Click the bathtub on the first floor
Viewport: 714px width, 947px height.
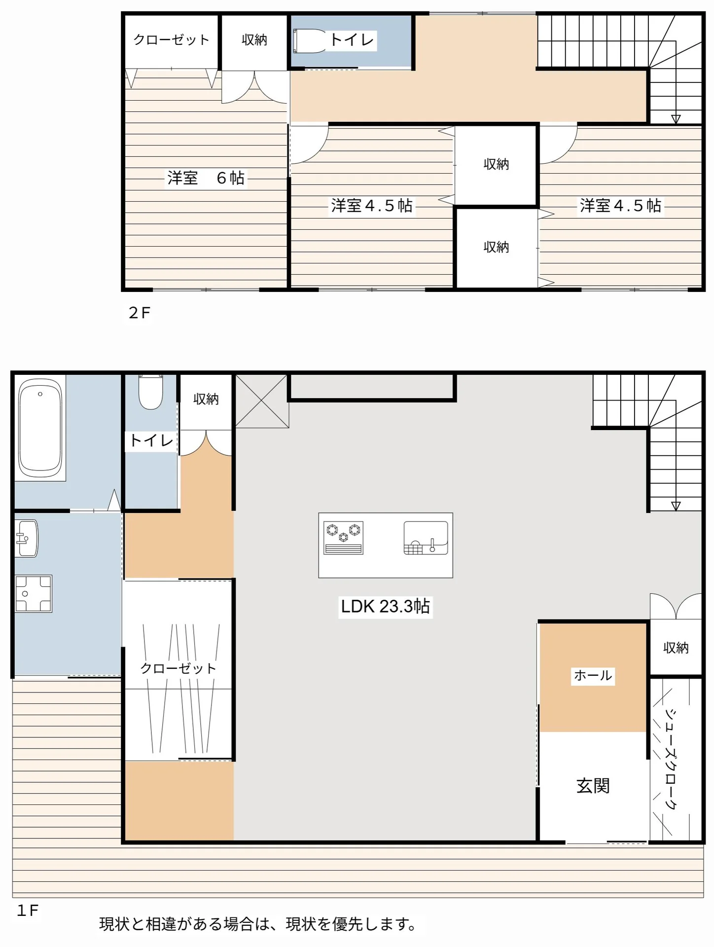point(40,428)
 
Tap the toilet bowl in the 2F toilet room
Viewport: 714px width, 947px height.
point(310,40)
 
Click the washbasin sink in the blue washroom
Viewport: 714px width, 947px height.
point(27,538)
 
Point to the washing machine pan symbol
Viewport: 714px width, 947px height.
point(33,594)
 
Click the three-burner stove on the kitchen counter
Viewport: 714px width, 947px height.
point(344,538)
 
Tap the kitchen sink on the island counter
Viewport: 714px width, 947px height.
point(426,538)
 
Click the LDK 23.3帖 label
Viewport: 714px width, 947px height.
point(385,606)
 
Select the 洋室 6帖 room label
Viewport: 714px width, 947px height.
point(206,178)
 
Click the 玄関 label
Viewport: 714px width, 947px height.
point(593,786)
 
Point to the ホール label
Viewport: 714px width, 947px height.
point(593,675)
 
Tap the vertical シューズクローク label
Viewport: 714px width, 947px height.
point(671,759)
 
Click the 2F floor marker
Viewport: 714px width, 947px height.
point(140,313)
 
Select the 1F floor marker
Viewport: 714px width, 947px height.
point(28,911)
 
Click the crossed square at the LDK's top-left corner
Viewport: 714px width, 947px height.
point(262,401)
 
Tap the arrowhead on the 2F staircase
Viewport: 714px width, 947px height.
point(676,119)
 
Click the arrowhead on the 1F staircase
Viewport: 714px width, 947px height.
point(676,506)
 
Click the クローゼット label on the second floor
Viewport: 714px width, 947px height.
point(171,40)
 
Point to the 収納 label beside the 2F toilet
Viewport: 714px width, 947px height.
point(254,40)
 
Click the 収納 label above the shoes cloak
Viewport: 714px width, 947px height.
point(676,648)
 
